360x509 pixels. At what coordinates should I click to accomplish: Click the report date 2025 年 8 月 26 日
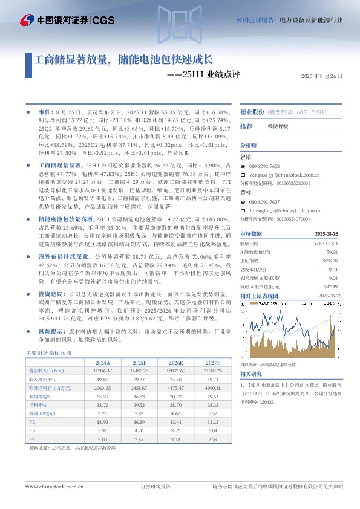coord(321,77)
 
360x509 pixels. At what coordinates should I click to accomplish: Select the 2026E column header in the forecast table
coord(166,361)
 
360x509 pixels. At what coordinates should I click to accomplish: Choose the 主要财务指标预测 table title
coord(49,352)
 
